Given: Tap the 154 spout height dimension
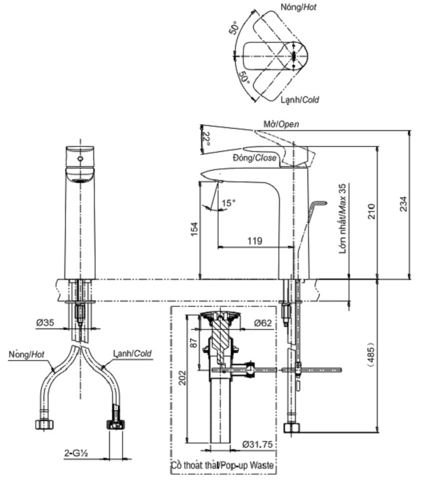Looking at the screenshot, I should (193, 229).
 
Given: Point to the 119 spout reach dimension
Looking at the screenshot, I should (255, 241).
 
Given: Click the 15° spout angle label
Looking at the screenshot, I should (228, 204).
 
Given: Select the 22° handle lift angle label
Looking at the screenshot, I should (205, 139).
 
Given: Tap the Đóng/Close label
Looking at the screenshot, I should (255, 157).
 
